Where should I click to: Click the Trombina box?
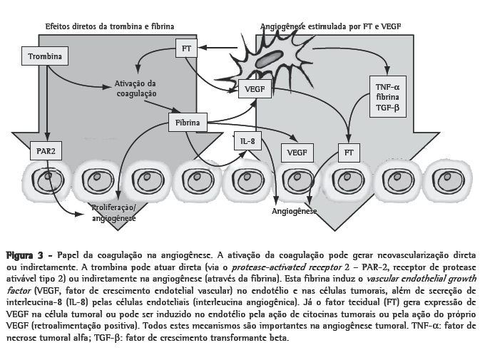(44, 56)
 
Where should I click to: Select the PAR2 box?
(44, 152)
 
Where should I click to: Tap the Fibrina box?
(187, 123)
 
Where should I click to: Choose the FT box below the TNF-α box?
(349, 152)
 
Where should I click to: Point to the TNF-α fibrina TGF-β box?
(387, 97)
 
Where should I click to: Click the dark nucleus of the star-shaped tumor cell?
(269, 58)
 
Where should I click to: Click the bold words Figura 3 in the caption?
(24, 254)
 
